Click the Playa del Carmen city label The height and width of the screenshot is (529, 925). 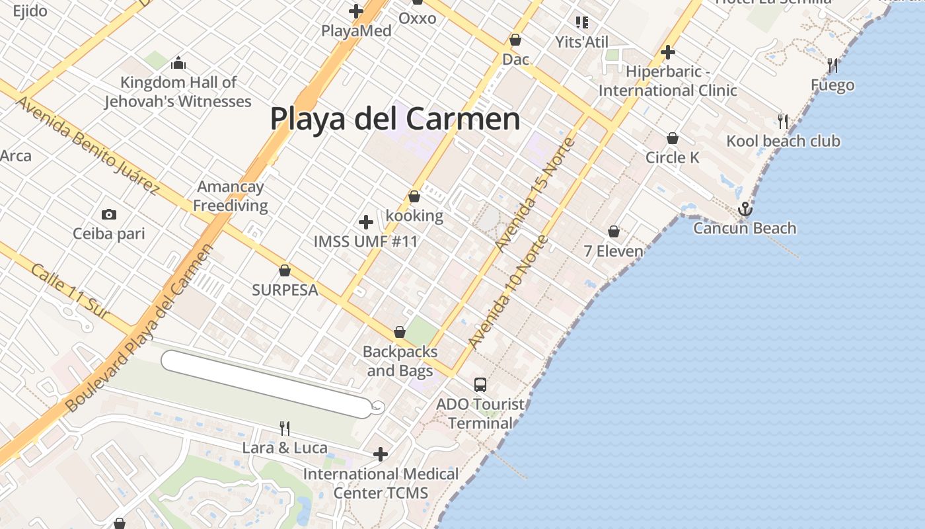tap(395, 119)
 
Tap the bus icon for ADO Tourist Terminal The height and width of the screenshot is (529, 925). tap(480, 384)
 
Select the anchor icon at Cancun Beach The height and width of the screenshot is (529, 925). tap(745, 209)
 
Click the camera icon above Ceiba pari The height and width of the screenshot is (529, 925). tap(109, 214)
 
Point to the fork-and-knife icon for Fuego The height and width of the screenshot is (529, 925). tap(832, 65)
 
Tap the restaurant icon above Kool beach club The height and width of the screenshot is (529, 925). tap(783, 121)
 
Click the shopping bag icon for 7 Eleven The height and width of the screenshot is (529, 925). tap(614, 231)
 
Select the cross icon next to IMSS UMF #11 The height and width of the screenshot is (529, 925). tap(366, 222)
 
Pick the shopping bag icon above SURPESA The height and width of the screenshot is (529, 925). tap(285, 270)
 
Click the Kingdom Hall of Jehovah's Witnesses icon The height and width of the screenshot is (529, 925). tap(178, 63)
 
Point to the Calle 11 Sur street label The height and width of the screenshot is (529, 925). tap(70, 292)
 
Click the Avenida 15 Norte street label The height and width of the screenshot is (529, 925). tap(535, 194)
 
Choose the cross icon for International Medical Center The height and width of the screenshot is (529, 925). tap(381, 454)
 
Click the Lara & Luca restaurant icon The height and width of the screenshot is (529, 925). tap(285, 428)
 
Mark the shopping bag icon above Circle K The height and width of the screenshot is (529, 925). tap(673, 138)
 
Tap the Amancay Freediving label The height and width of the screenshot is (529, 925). tap(231, 196)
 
